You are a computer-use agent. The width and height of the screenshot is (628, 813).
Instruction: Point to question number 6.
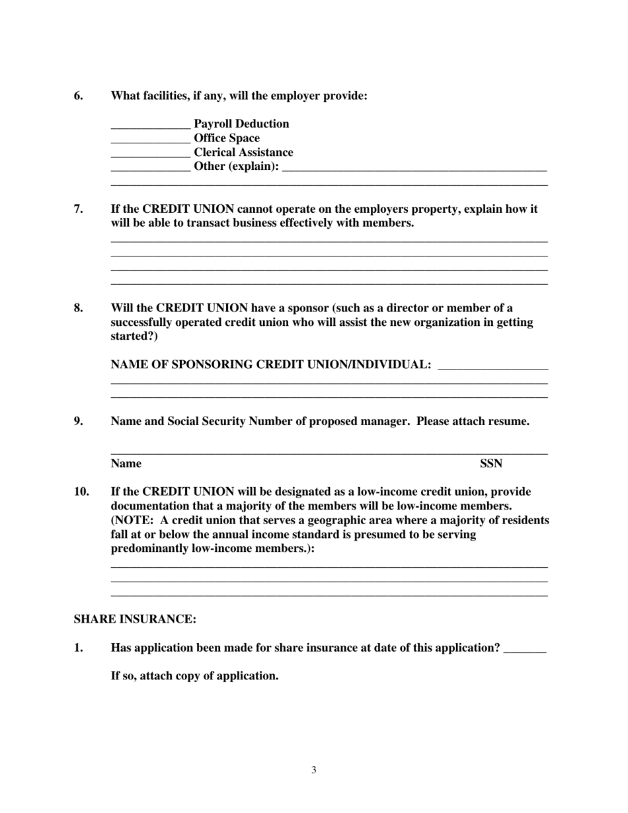click(79, 96)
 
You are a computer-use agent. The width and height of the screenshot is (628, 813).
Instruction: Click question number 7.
click(79, 209)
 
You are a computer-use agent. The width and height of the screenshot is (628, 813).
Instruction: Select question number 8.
click(79, 308)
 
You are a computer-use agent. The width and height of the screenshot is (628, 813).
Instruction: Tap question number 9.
click(79, 421)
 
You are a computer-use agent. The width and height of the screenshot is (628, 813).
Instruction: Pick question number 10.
click(81, 492)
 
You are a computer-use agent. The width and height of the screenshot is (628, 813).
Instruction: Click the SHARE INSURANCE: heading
click(135, 619)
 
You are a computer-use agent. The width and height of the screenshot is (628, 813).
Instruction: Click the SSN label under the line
click(491, 463)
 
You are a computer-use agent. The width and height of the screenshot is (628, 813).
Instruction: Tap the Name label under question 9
click(126, 463)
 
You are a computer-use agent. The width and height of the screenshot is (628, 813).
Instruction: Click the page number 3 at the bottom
click(314, 770)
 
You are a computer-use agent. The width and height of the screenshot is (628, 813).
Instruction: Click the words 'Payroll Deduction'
click(241, 124)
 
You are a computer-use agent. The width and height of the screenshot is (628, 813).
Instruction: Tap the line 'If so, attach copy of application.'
click(194, 676)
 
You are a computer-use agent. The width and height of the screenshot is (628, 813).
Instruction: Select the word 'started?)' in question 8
click(134, 336)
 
